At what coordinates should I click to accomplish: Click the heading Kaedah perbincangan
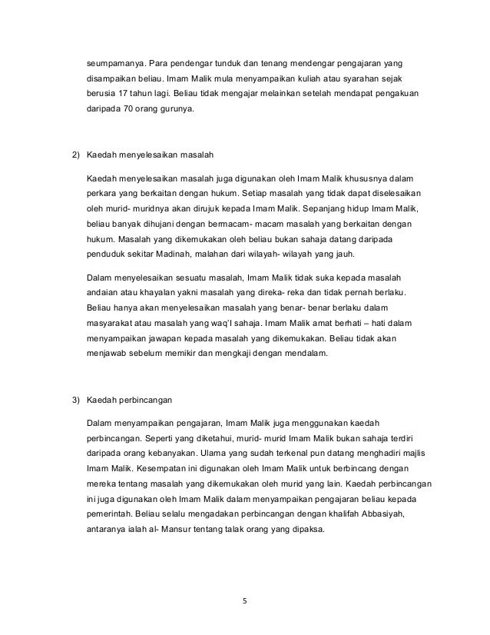pos(130,400)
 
